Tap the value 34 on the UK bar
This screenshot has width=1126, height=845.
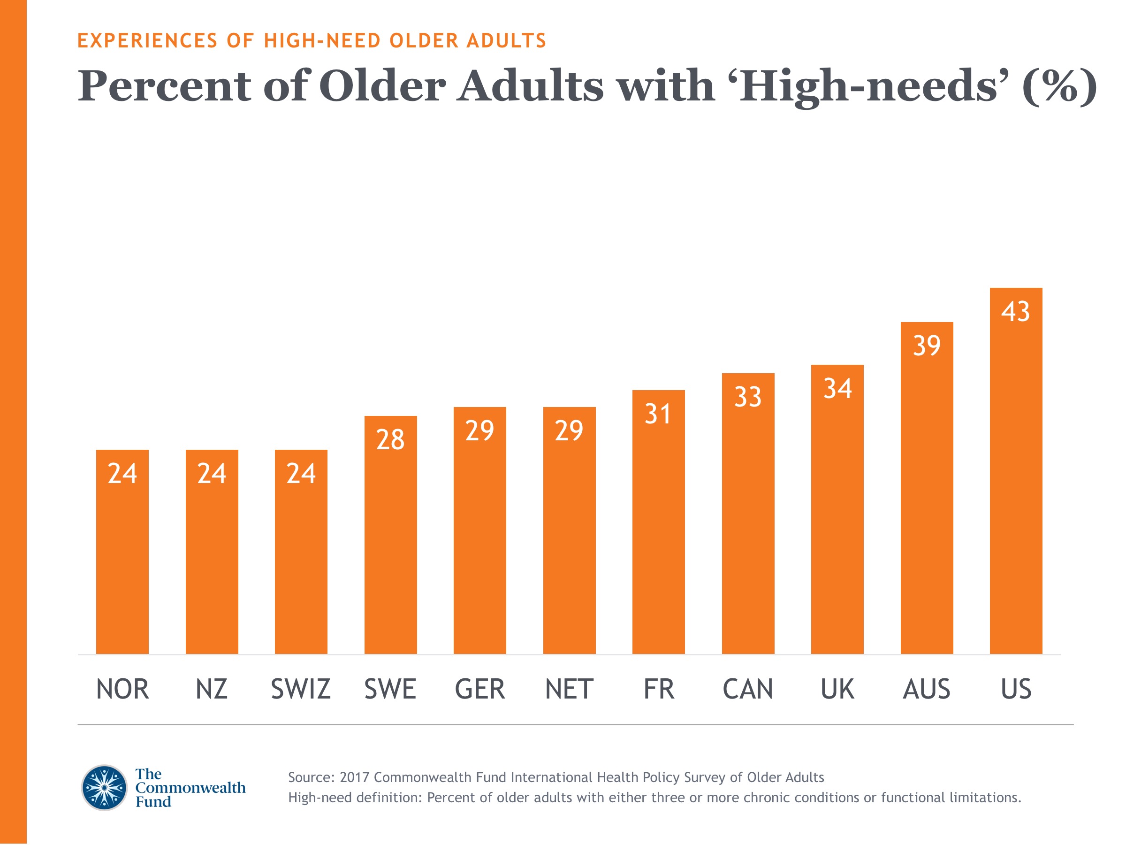pos(837,389)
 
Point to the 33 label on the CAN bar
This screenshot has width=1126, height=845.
pos(748,397)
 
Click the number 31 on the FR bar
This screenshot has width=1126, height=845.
pos(658,414)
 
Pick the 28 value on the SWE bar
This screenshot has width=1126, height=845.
pos(390,439)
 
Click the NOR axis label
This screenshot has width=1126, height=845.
pos(122,689)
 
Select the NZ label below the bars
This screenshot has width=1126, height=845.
pos(211,689)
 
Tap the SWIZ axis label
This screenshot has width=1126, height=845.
pos(301,689)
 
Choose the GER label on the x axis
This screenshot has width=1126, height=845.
pos(479,689)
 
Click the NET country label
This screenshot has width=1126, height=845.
pos(569,689)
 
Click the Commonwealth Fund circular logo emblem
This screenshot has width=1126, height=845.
pos(104,787)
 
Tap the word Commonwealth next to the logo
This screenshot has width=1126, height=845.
pos(190,787)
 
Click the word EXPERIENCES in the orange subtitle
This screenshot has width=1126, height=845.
pos(148,41)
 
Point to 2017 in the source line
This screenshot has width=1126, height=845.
pos(354,777)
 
